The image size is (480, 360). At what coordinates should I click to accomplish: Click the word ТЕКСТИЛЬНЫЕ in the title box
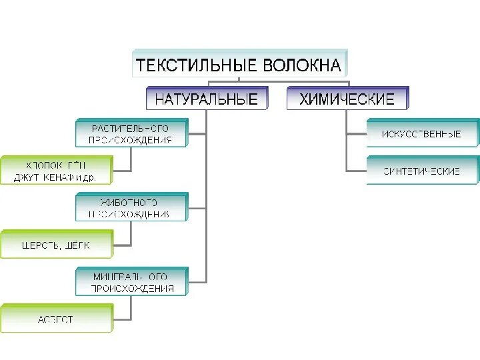pos(188,66)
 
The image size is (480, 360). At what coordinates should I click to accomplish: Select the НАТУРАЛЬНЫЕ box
pos(206,99)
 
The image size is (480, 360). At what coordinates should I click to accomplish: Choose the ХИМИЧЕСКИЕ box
pos(347,99)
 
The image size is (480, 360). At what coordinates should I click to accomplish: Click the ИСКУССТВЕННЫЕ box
pos(422,133)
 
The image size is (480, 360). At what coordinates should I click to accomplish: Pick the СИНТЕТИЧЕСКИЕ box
pos(422,171)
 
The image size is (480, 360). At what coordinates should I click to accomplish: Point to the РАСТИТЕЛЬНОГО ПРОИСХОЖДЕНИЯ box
pos(131,133)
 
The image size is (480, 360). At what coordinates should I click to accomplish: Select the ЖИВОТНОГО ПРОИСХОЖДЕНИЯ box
pos(131,207)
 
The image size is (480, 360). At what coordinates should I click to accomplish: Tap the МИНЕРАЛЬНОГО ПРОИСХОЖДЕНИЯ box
pos(131,281)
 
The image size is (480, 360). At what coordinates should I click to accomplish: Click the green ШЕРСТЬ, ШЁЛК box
pos(56,245)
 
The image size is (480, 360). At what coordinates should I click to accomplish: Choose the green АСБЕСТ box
pos(56,319)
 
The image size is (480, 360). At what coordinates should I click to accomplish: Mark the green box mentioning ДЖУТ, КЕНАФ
pos(56,171)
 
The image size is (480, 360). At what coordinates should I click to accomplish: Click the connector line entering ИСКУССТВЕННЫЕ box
pos(357,133)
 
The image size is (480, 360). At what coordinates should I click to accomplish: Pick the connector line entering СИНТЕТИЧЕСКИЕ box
pos(357,171)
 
